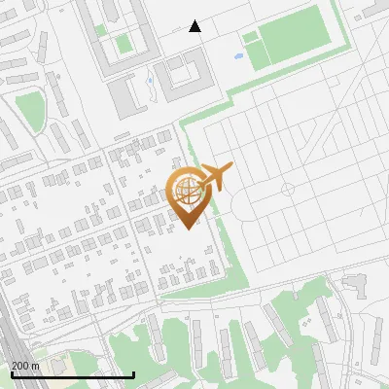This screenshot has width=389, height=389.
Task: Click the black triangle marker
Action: (x=195, y=26)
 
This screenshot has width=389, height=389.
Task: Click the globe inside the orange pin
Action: (x=186, y=188)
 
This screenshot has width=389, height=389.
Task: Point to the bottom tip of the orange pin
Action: (x=186, y=228)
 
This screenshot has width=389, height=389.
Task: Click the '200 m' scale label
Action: (x=25, y=365)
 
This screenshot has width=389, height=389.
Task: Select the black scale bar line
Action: (x=72, y=374)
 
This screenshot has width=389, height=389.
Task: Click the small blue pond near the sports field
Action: (x=238, y=55)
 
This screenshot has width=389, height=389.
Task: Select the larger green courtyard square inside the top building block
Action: (x=123, y=44)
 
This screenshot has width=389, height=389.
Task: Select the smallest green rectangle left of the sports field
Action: (x=250, y=38)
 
